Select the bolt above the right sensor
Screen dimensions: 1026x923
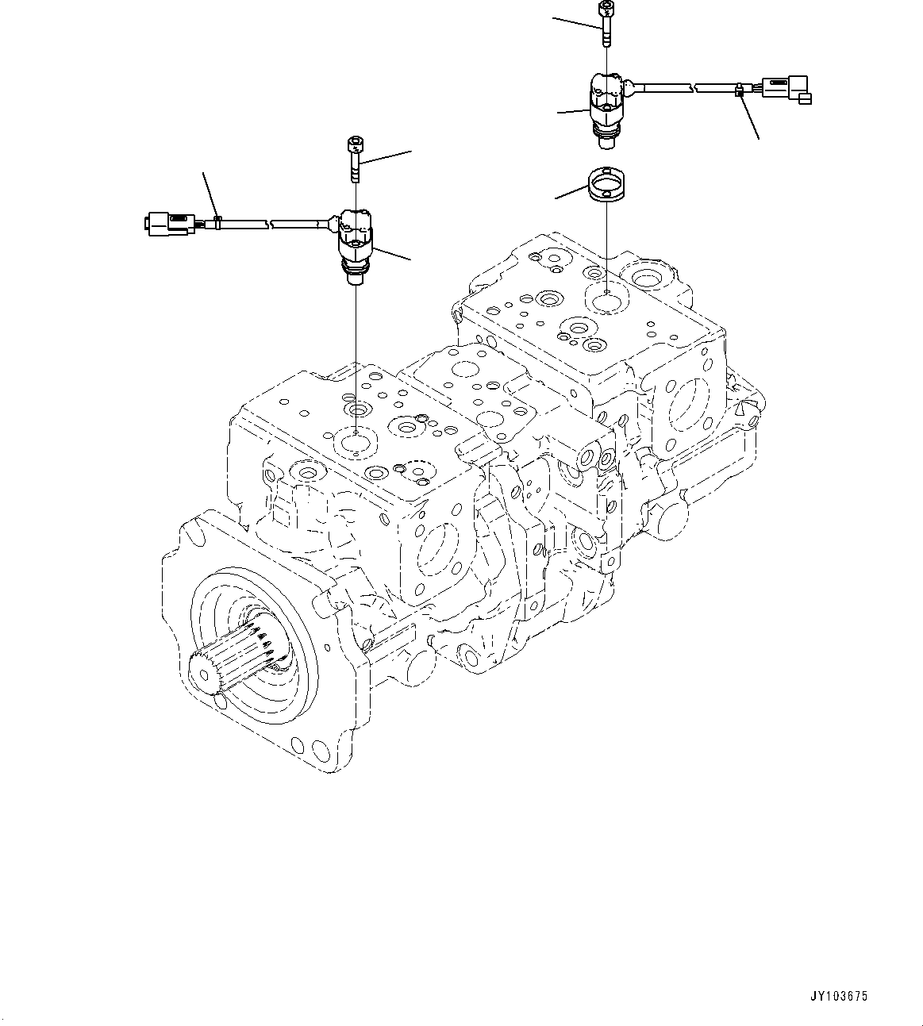(x=606, y=23)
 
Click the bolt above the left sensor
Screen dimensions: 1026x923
(x=355, y=158)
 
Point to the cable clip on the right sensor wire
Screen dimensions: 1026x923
(x=739, y=91)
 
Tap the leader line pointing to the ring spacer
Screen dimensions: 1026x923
(x=572, y=191)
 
